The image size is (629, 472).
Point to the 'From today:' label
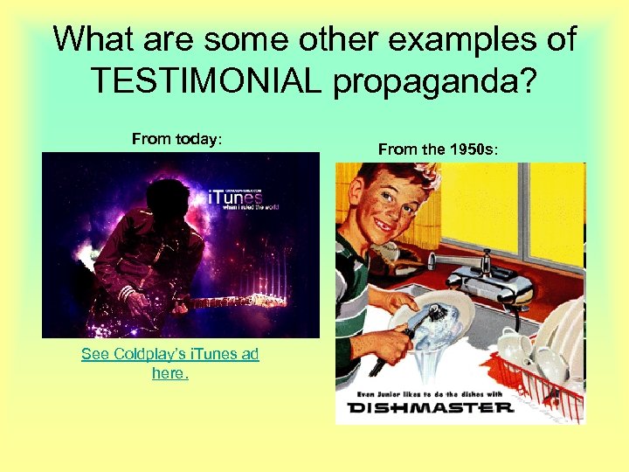pyautogui.click(x=177, y=139)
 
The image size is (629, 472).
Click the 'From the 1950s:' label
pyautogui.click(x=439, y=149)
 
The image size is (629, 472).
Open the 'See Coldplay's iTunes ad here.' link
pyautogui.click(x=170, y=363)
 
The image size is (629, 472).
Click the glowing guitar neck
pyautogui.click(x=236, y=302)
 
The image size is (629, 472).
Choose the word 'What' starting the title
pyautogui.click(x=92, y=38)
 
